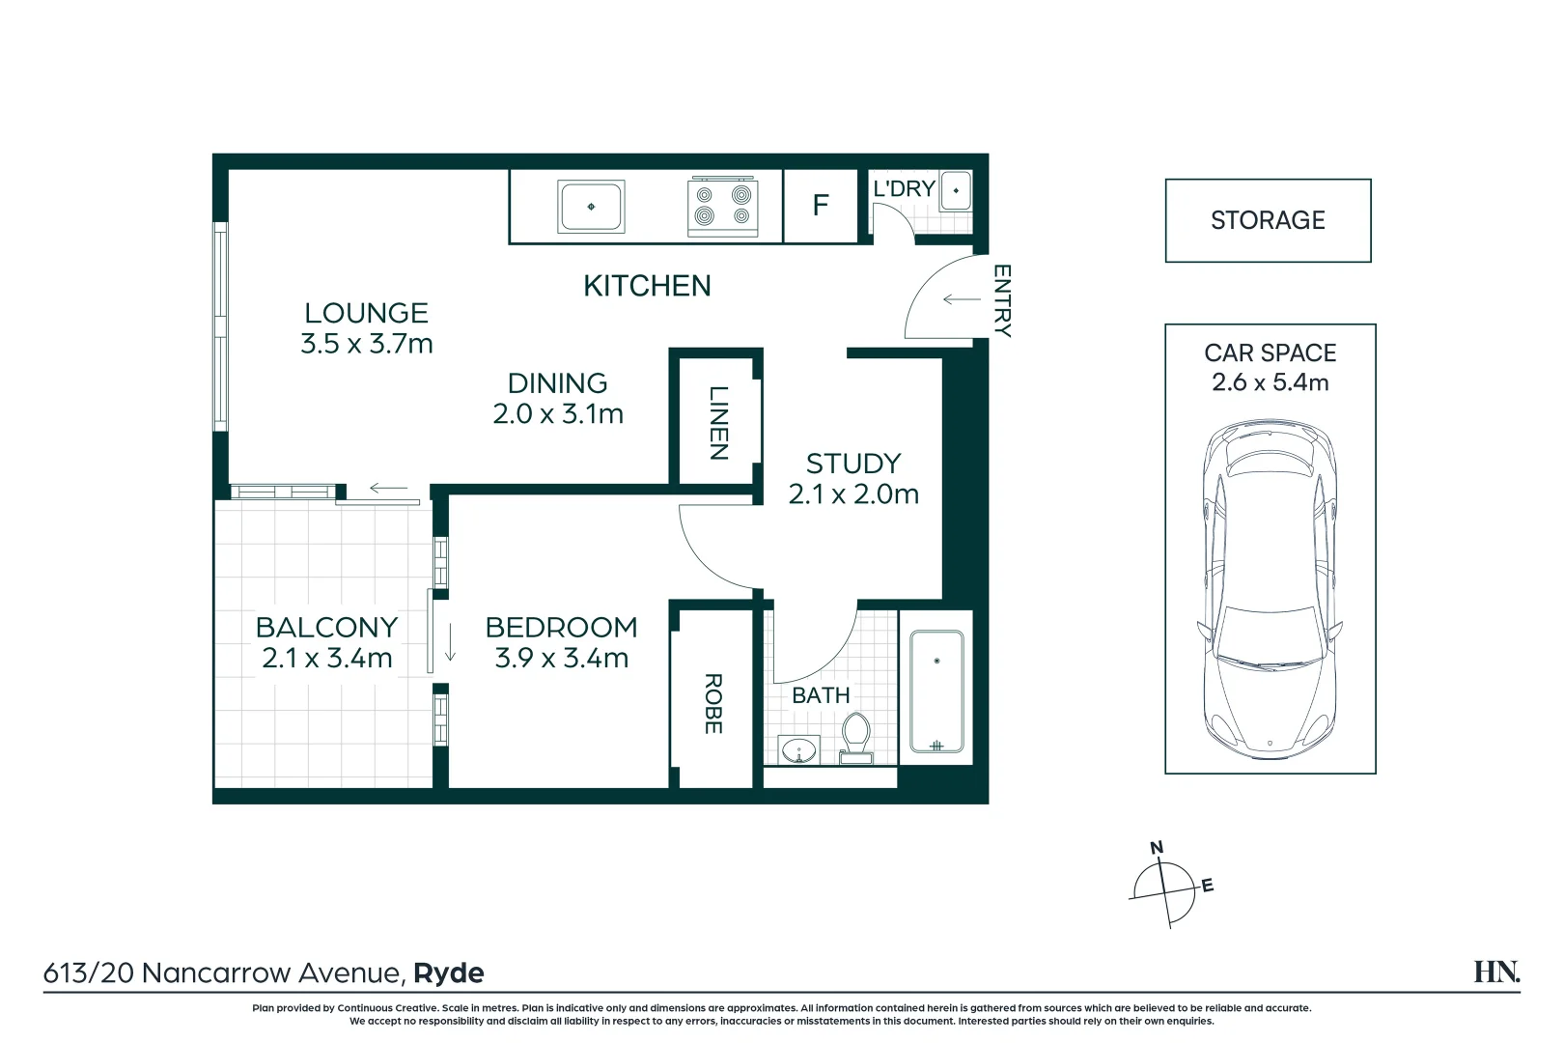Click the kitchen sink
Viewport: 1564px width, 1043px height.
click(591, 207)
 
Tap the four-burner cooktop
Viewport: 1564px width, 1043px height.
click(722, 207)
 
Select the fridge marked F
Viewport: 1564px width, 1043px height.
click(821, 206)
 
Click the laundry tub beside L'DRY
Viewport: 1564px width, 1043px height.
click(956, 190)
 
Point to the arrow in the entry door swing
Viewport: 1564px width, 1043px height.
click(961, 299)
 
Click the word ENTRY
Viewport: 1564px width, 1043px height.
click(1002, 300)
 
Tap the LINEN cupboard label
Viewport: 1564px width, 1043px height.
click(718, 423)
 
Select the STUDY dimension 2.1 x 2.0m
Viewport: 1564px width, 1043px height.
click(853, 494)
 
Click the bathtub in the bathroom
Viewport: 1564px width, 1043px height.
click(936, 691)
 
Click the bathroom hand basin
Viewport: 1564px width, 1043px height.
click(799, 749)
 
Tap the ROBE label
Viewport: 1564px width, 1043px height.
click(713, 704)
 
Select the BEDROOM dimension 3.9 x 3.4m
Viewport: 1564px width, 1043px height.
click(562, 659)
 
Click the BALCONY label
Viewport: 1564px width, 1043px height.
click(326, 628)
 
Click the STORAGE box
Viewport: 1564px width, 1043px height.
click(1268, 220)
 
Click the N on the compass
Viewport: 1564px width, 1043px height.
click(1157, 848)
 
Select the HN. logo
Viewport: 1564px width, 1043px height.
click(1495, 972)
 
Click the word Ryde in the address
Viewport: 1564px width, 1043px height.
click(449, 973)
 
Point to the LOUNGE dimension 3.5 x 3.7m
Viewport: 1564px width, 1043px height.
click(367, 344)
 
